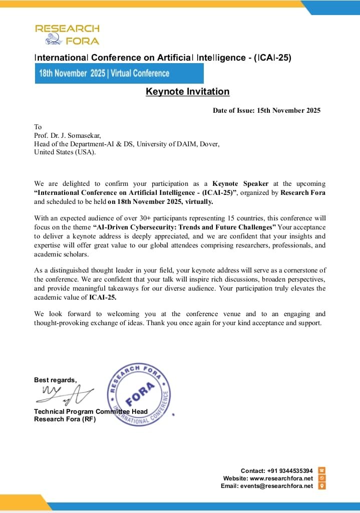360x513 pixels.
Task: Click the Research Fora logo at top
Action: (67, 34)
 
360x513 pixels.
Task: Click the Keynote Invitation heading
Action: (187, 92)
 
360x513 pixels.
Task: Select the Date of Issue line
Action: (266, 110)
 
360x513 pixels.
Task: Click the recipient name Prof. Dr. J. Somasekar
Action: (67, 135)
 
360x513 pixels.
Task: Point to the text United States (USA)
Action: (65, 152)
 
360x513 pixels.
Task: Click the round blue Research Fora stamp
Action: (140, 396)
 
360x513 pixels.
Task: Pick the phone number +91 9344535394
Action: (290, 471)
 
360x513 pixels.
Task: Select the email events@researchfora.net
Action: (278, 486)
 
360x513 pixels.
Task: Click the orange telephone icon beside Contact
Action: (322, 470)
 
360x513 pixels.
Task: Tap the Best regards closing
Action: (55, 380)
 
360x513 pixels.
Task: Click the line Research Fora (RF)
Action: (65, 419)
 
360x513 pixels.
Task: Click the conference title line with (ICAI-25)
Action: (163, 58)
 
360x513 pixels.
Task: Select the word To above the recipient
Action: (38, 127)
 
